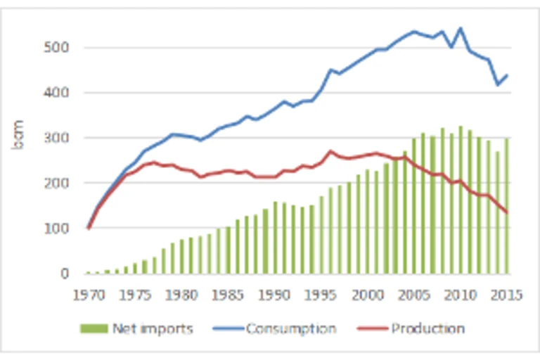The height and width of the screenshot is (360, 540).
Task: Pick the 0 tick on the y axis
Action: click(x=64, y=273)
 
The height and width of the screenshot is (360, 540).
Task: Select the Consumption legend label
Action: click(x=291, y=328)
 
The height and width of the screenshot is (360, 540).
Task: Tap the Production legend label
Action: click(x=427, y=328)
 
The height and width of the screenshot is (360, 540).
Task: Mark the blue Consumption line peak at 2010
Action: click(x=461, y=29)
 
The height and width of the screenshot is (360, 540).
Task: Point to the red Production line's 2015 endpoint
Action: click(x=507, y=212)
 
